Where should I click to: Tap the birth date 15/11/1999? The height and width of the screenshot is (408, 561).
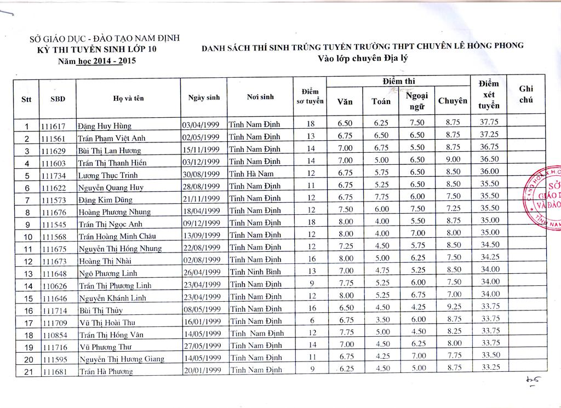(x=201, y=150)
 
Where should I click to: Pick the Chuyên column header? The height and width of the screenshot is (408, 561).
(x=453, y=101)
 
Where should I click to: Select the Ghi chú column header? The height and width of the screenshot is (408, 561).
(x=525, y=94)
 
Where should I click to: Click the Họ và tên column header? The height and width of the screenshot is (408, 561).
(x=128, y=99)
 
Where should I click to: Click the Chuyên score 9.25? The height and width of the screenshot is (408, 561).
(x=453, y=308)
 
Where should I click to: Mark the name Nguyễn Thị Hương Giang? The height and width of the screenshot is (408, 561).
(x=121, y=359)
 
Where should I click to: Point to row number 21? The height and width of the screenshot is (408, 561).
(x=26, y=372)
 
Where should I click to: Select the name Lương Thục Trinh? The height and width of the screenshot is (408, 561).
(x=107, y=176)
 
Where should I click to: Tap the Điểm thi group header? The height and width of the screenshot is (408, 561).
(x=398, y=81)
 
